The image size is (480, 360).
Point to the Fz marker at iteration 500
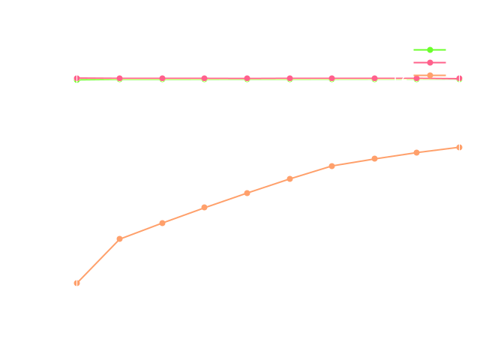pyautogui.click(x=77, y=283)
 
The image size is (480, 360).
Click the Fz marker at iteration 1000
pyautogui.click(x=120, y=238)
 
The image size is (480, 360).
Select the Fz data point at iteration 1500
pyautogui.click(x=162, y=223)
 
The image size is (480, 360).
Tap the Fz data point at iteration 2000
pyautogui.click(x=205, y=207)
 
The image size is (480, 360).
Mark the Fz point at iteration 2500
pyautogui.click(x=247, y=193)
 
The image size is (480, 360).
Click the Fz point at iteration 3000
pyautogui.click(x=289, y=178)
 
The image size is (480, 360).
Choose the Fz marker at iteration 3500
pyautogui.click(x=331, y=166)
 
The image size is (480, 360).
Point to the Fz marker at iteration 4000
pyautogui.click(x=374, y=158)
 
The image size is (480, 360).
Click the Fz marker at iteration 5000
pyautogui.click(x=459, y=147)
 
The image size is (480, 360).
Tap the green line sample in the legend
pyautogui.click(x=430, y=49)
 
